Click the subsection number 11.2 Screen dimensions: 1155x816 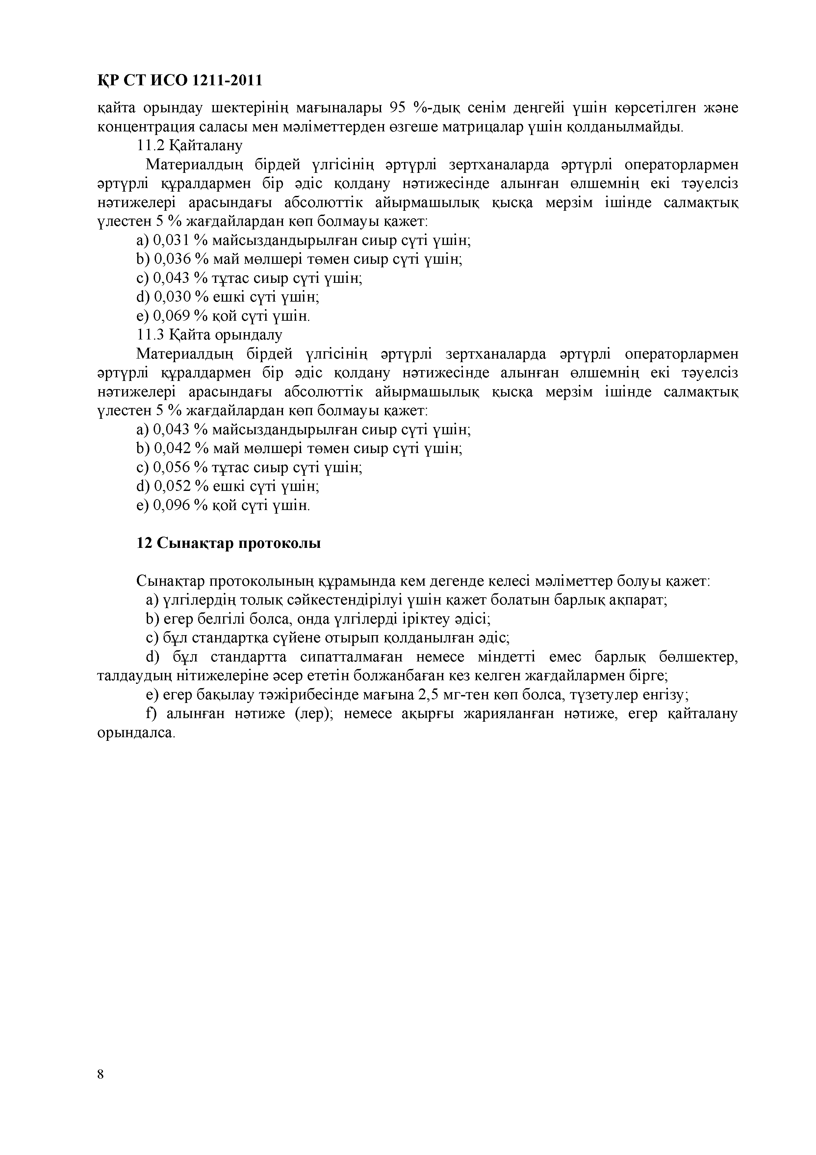coord(151,146)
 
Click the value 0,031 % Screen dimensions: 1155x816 coord(180,240)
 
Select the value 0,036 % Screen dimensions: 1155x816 coord(180,259)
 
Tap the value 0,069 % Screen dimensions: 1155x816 coord(180,316)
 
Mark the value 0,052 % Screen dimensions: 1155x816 coord(180,486)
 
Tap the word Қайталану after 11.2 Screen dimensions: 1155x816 coord(206,146)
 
